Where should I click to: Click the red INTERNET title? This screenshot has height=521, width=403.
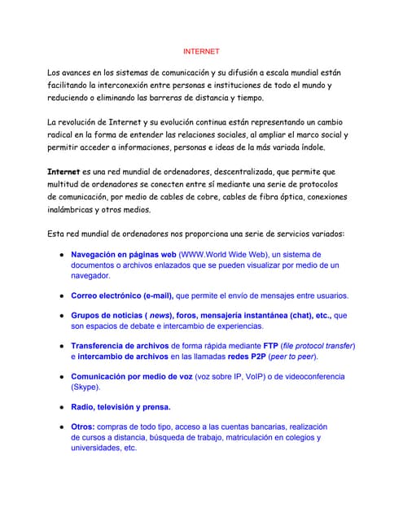[x=200, y=51]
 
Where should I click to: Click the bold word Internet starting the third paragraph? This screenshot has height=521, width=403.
[x=64, y=172]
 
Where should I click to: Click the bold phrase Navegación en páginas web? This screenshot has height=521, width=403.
[x=124, y=254]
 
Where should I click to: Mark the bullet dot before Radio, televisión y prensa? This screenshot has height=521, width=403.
[x=61, y=407]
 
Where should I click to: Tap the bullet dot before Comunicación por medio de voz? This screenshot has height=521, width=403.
[x=61, y=377]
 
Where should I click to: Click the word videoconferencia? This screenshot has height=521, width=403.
[x=313, y=377]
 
